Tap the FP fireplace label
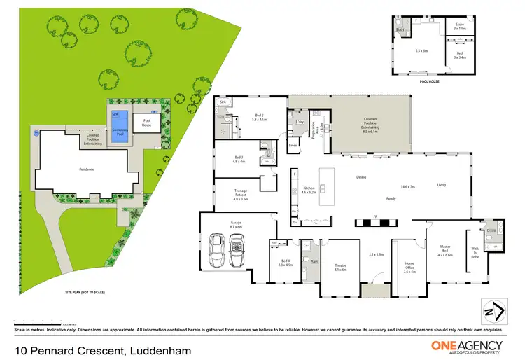click(375, 216)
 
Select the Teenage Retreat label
click(231, 195)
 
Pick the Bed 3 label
click(239, 159)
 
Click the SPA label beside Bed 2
click(223, 102)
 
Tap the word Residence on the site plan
click(86, 169)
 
